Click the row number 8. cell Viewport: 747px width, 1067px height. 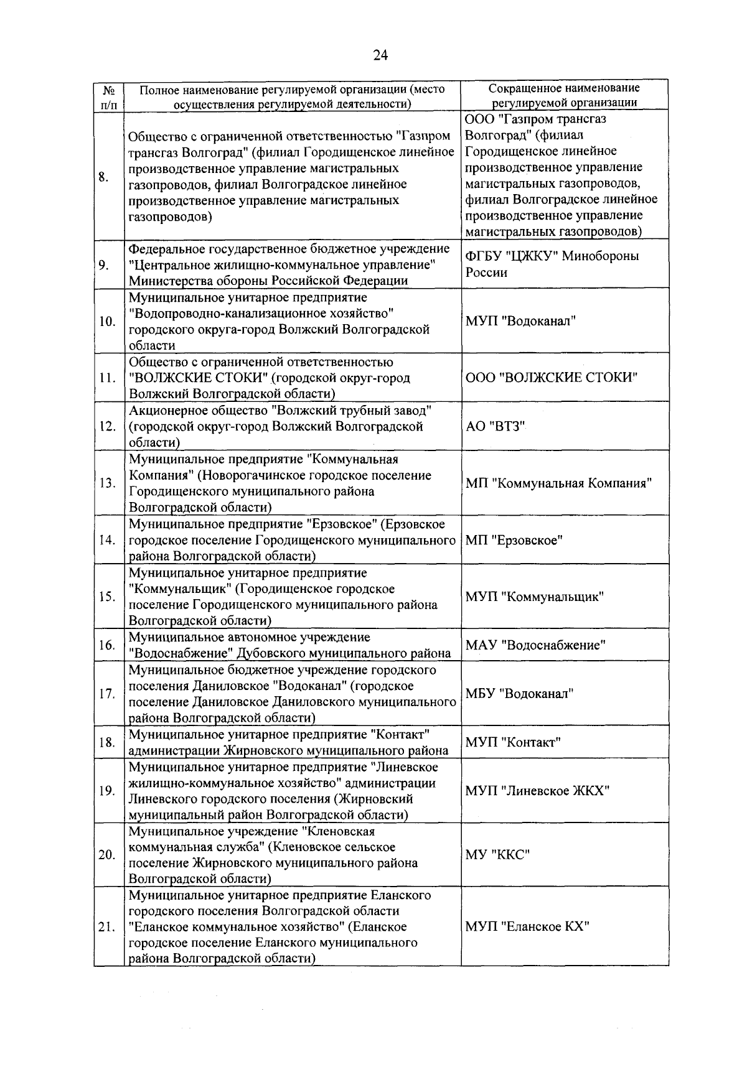click(x=103, y=177)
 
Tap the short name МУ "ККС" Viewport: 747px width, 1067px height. click(x=498, y=855)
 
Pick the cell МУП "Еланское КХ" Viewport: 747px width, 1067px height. click(x=527, y=926)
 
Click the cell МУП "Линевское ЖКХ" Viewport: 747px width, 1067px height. click(x=537, y=791)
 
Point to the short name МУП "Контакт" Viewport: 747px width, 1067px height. click(x=514, y=742)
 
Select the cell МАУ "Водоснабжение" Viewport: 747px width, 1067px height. click(x=535, y=645)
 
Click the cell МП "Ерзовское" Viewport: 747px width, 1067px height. click(x=514, y=540)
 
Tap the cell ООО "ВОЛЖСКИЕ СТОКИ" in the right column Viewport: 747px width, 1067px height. click(x=552, y=378)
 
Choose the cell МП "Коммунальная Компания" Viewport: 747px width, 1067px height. click(x=558, y=483)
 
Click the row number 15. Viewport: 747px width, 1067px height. click(x=107, y=597)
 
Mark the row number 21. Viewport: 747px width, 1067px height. click(x=107, y=927)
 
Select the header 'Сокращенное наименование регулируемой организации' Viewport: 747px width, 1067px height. click(x=564, y=96)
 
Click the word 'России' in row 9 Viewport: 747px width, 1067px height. click(x=486, y=273)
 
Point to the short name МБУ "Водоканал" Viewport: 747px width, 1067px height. click(x=520, y=694)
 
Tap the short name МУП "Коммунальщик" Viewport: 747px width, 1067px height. click(x=535, y=597)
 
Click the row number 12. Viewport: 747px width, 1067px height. click(x=107, y=426)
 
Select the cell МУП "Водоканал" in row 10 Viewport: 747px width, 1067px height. click(x=520, y=321)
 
